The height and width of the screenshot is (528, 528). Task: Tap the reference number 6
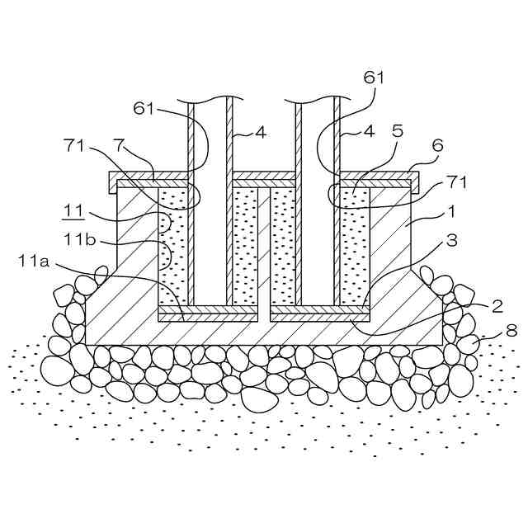(436, 145)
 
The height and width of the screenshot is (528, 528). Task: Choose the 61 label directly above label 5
(374, 78)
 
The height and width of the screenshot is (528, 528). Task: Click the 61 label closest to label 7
(144, 109)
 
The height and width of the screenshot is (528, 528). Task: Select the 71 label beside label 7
(74, 146)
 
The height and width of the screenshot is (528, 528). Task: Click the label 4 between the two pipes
(260, 130)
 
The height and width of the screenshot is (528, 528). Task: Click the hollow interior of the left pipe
(210, 206)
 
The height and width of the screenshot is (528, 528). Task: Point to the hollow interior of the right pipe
(318, 206)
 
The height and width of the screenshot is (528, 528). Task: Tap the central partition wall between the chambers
(264, 247)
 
